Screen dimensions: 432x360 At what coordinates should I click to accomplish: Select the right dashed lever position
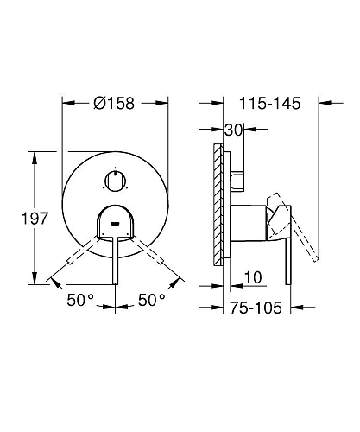(x=155, y=258)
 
